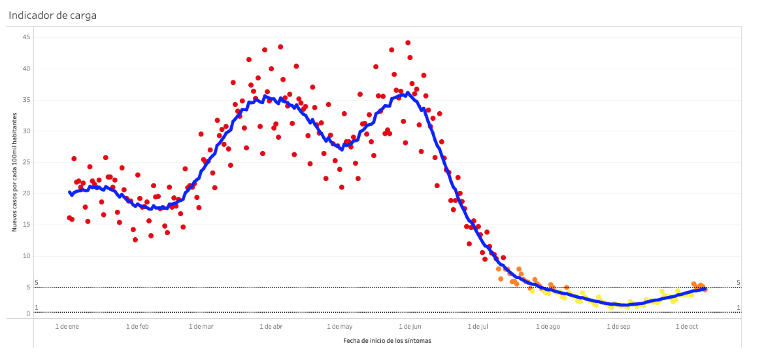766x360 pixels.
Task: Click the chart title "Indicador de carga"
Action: (x=53, y=15)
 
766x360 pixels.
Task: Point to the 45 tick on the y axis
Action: (x=27, y=37)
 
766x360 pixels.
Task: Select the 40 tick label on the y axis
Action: (x=27, y=69)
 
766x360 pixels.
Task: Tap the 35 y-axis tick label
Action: (x=27, y=100)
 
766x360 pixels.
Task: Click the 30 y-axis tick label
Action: (x=27, y=131)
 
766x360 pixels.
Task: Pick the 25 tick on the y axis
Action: (x=27, y=162)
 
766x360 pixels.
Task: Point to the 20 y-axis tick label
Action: (x=27, y=193)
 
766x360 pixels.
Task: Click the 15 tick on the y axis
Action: (x=27, y=225)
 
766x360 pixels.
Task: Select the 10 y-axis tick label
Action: (x=27, y=256)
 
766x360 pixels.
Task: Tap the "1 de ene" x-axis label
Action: (x=67, y=326)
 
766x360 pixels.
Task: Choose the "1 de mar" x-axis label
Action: (x=201, y=326)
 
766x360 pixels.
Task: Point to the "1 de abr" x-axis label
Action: (x=271, y=326)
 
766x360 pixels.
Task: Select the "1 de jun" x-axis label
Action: (x=408, y=326)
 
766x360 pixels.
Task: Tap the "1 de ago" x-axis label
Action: (x=548, y=326)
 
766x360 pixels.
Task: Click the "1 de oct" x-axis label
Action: (x=686, y=326)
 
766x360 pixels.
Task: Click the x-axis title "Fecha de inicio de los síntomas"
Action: (x=387, y=340)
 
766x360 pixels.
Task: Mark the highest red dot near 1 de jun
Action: (x=408, y=43)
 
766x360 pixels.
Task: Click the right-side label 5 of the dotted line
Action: (x=739, y=283)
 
